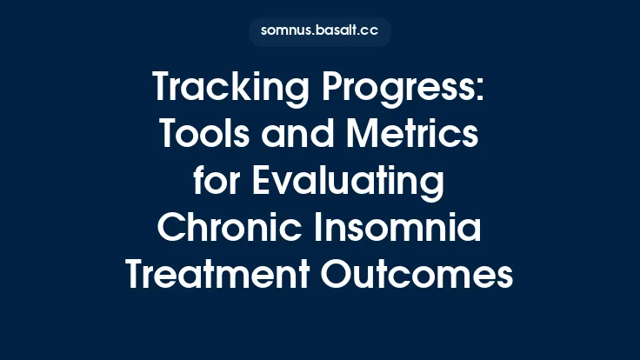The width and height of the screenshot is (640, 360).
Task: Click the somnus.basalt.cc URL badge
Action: (320, 31)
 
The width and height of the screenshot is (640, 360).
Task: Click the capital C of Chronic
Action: (171, 228)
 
